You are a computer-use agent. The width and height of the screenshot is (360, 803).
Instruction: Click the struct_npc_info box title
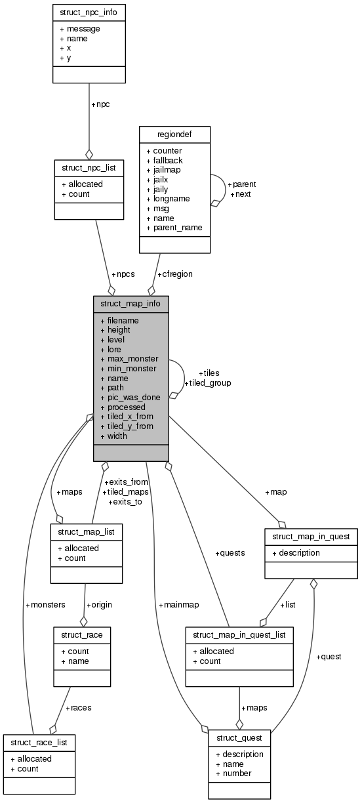(89, 12)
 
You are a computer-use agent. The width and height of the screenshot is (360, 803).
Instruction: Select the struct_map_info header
(130, 304)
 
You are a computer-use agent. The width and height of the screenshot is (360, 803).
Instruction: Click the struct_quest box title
(239, 738)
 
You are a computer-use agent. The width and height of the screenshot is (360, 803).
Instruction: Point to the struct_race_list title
(39, 743)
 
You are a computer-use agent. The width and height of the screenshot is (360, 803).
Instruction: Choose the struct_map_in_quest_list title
(239, 635)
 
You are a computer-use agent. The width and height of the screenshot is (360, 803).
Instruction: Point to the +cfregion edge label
(174, 274)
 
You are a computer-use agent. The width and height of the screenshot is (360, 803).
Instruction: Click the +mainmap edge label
(178, 604)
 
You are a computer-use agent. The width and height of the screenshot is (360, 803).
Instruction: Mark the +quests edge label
(230, 552)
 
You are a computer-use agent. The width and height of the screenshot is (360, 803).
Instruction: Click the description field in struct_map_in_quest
(296, 552)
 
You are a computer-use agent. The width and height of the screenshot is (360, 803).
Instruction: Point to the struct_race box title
(82, 635)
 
